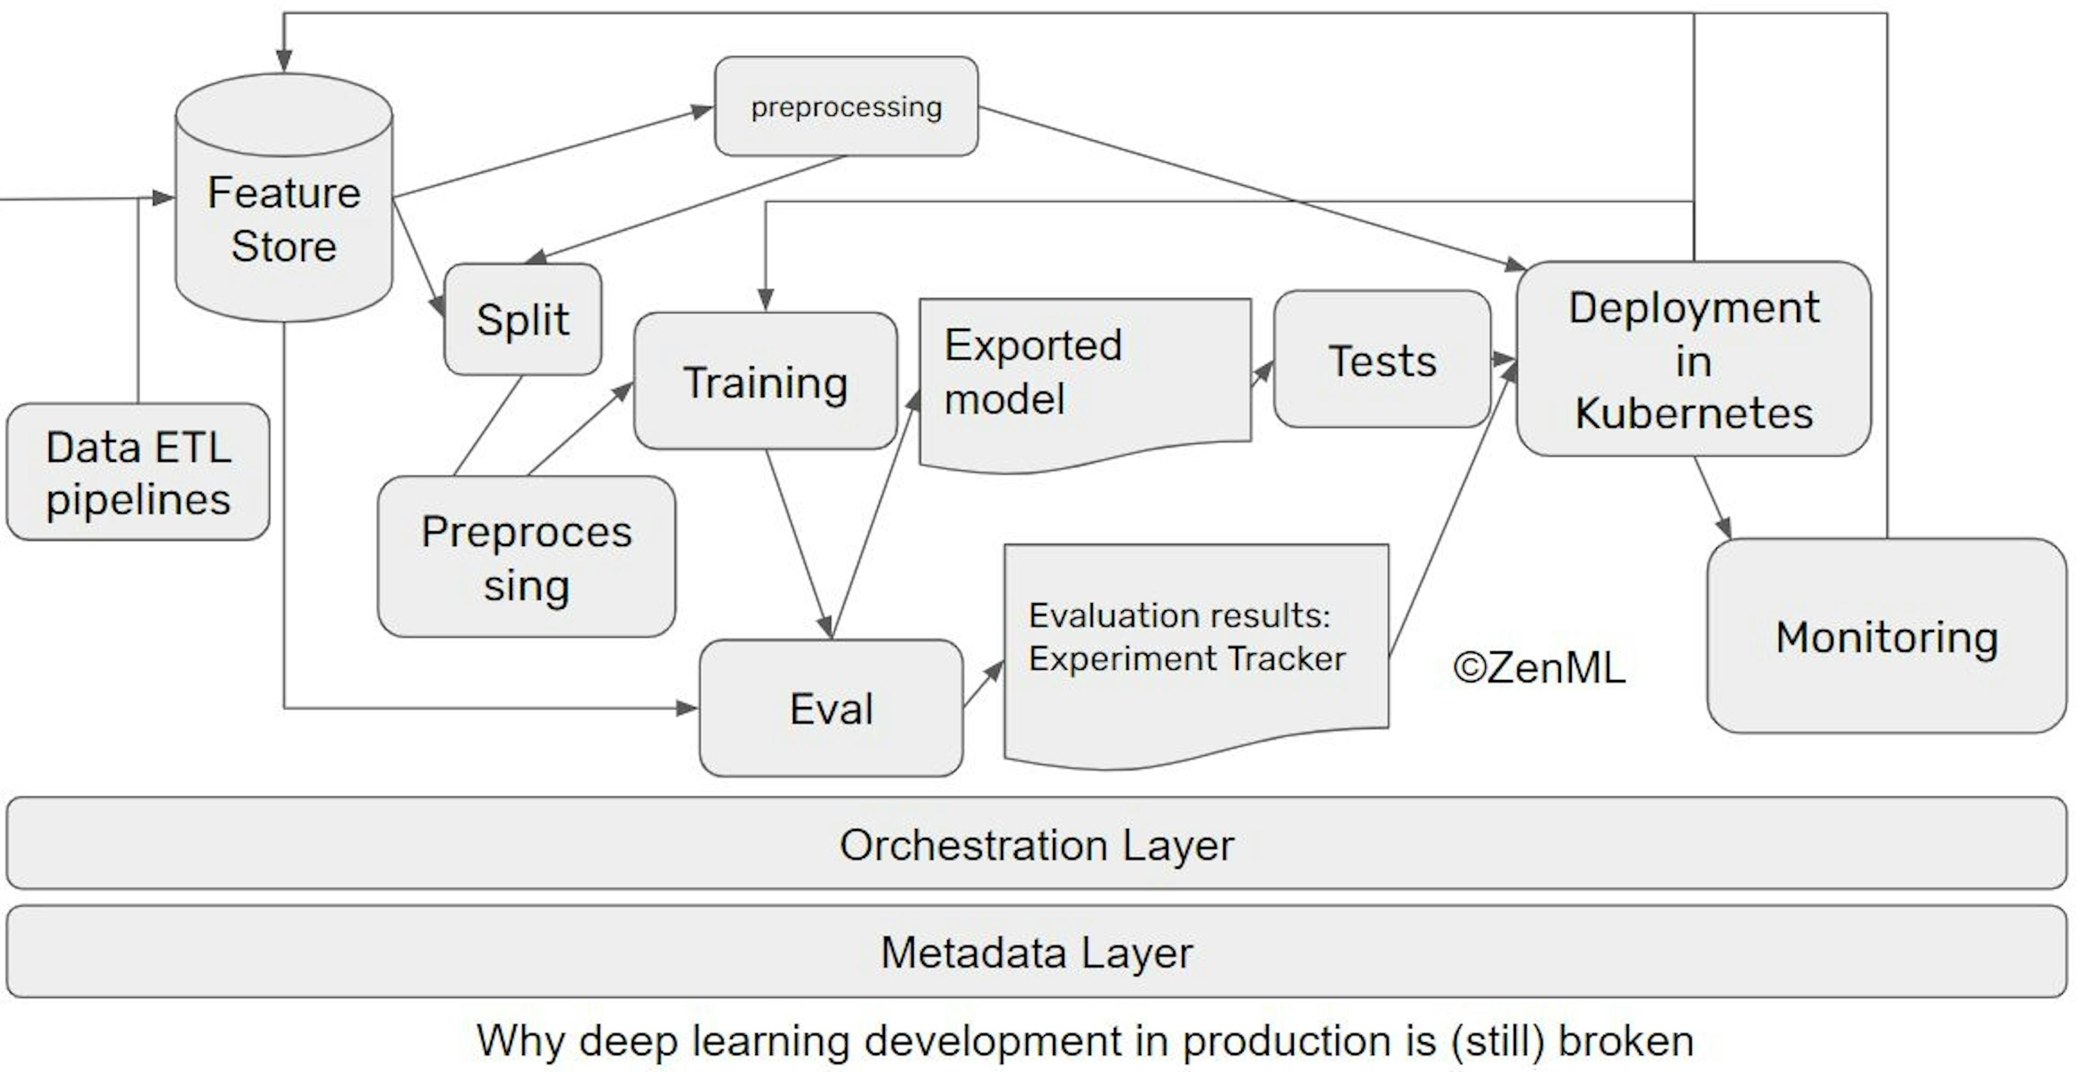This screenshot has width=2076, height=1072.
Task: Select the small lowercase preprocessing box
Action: click(x=846, y=106)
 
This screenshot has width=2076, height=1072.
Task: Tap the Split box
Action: click(x=522, y=319)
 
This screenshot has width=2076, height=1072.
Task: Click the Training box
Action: click(x=765, y=381)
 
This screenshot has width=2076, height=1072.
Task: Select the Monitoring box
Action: click(x=1886, y=637)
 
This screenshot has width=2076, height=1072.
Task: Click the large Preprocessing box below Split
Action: click(x=526, y=557)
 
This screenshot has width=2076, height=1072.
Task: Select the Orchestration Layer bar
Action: click(x=1036, y=844)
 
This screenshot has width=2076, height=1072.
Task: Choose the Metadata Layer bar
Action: click(x=1036, y=952)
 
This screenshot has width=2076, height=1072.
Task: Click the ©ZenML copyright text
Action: click(x=1539, y=668)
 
